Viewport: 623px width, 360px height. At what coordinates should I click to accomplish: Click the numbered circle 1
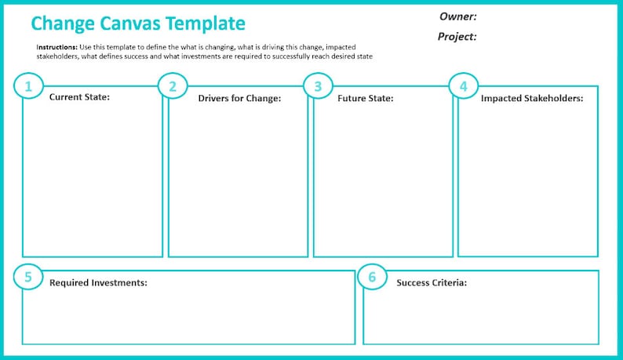[x=29, y=86]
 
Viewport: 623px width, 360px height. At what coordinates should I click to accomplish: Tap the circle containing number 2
[x=173, y=86]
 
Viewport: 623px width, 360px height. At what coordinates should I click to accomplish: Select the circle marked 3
[x=318, y=86]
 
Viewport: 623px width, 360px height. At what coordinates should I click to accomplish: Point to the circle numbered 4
[x=464, y=86]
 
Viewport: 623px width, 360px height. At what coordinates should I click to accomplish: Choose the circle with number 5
[x=29, y=276]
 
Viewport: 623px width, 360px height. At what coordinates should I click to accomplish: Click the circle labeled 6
[x=372, y=276]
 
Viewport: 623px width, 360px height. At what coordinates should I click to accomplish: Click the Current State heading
[x=79, y=97]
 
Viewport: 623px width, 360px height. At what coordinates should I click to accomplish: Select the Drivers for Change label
[x=239, y=98]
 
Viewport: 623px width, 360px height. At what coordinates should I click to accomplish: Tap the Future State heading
[x=365, y=98]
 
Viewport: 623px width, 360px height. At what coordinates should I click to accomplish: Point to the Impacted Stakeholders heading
[x=532, y=98]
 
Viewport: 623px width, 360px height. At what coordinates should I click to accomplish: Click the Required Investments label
[x=98, y=282]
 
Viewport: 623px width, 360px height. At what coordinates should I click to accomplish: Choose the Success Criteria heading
[x=432, y=282]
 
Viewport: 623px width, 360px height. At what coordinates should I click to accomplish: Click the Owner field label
[x=458, y=16]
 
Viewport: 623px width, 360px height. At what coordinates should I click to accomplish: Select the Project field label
[x=457, y=36]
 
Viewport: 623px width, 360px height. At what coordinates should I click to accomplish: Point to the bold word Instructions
[x=56, y=47]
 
